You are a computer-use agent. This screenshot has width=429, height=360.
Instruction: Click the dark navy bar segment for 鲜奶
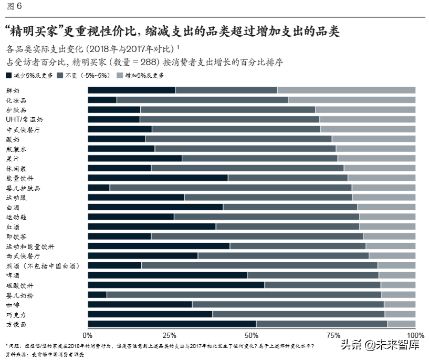click(x=131, y=90)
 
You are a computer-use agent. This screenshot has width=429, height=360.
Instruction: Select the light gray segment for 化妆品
click(x=351, y=100)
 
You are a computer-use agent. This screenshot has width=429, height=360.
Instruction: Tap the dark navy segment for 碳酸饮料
click(x=176, y=285)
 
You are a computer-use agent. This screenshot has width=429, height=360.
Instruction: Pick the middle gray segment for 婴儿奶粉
click(x=244, y=295)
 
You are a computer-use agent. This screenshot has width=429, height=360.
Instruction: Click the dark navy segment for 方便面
click(x=172, y=324)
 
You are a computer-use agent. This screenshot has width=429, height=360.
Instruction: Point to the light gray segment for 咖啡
click(x=400, y=304)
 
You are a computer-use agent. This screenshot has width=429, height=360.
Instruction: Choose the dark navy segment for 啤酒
click(x=167, y=275)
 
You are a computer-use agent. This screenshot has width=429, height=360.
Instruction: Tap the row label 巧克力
click(x=16, y=314)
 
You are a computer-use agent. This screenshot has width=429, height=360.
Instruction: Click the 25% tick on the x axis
click(x=169, y=335)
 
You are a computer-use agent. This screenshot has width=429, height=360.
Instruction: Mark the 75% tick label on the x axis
click(x=333, y=335)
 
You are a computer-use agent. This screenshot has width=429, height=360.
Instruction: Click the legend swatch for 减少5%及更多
click(x=9, y=76)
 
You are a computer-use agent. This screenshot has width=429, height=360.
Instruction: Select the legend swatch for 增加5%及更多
click(x=121, y=76)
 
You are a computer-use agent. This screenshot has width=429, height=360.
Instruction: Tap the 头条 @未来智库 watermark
click(x=380, y=345)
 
